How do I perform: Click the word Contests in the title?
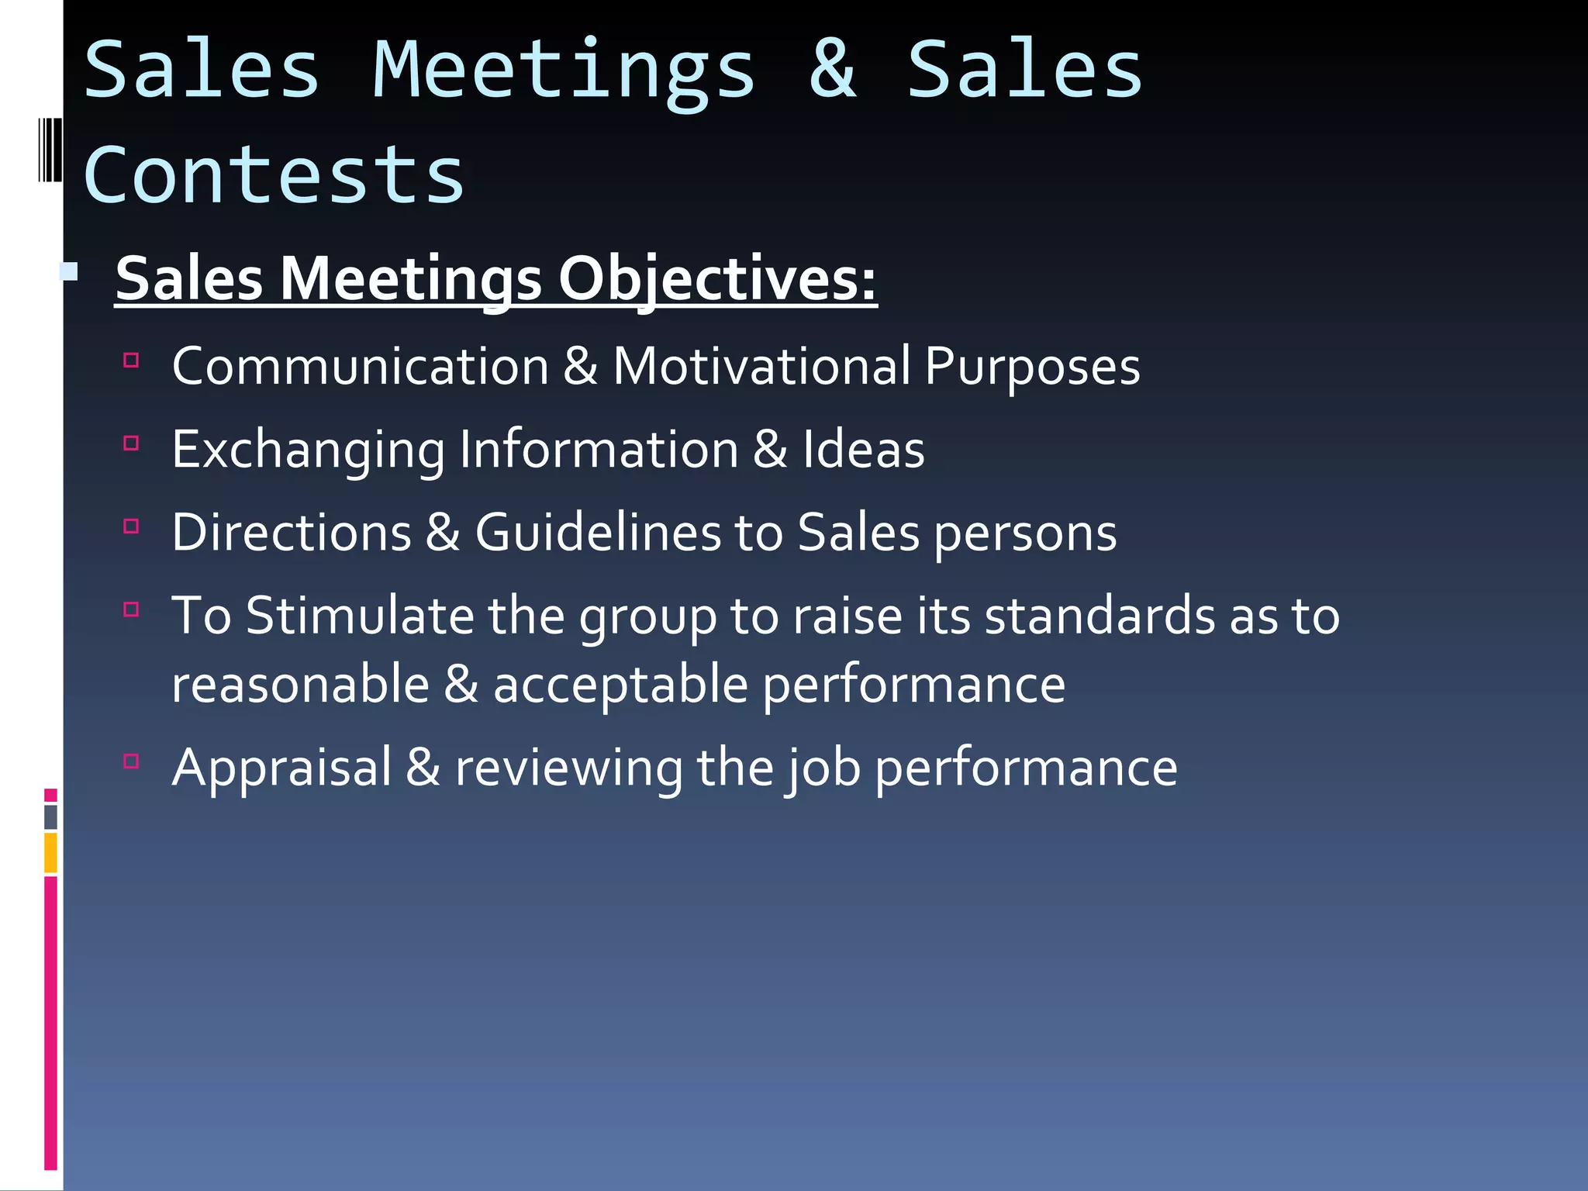273,176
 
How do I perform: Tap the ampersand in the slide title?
833,71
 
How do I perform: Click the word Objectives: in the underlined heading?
717,279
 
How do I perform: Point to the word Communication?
361,366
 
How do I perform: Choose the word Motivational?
762,366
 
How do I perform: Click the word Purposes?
1032,368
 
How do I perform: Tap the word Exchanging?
309,451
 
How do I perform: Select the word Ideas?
863,449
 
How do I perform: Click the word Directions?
292,533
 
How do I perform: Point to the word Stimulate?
360,616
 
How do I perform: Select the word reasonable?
301,685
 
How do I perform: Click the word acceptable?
620,685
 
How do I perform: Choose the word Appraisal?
282,768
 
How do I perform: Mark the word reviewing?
568,768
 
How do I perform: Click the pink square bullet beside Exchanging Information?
131,444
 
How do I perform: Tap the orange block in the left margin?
50,853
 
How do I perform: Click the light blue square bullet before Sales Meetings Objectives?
69,271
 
